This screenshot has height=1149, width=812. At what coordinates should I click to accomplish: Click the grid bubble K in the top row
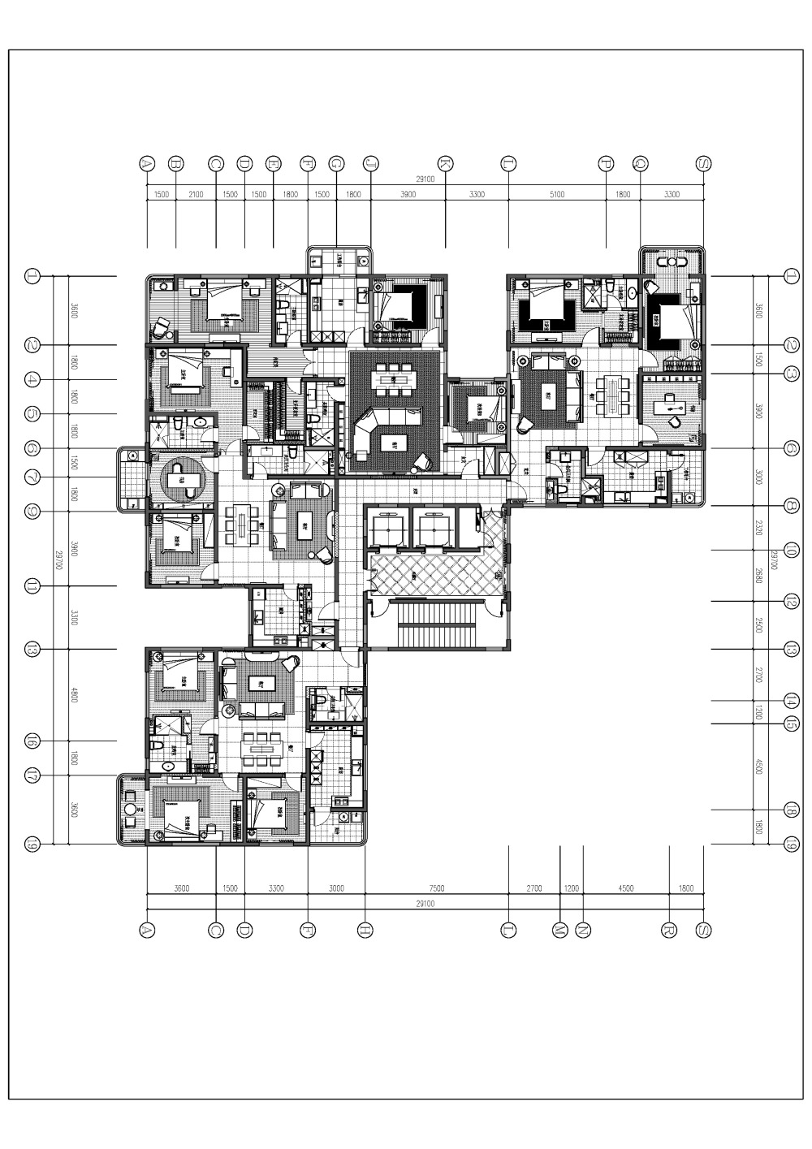(445, 163)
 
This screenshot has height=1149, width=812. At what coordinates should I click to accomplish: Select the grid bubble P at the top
(606, 163)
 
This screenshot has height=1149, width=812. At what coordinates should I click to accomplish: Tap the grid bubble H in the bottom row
(365, 931)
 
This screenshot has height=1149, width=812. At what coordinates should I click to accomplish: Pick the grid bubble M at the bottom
(560, 931)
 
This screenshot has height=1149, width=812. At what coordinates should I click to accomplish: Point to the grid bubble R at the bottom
(669, 931)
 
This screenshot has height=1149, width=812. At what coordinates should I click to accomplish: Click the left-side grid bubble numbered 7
(32, 477)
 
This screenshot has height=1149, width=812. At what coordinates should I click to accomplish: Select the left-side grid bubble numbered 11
(32, 586)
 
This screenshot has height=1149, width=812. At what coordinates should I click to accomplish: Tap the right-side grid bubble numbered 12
(792, 601)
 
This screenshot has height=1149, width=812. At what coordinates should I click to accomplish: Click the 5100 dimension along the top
(557, 195)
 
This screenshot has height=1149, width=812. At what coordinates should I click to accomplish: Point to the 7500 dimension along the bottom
(436, 888)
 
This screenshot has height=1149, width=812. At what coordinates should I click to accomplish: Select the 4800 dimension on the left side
(74, 694)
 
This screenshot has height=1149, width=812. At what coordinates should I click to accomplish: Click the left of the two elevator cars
(389, 528)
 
